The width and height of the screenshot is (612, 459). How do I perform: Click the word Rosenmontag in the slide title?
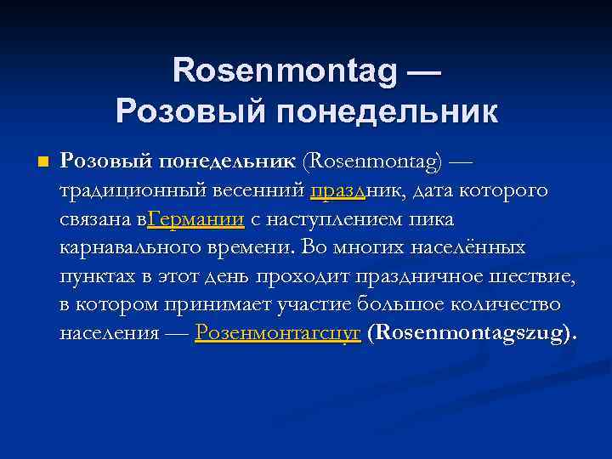(x=285, y=71)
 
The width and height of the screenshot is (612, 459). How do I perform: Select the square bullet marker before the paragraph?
(x=42, y=161)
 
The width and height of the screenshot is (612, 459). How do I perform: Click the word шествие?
(x=535, y=276)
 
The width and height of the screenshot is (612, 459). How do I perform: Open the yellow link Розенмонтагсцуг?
(x=278, y=333)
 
